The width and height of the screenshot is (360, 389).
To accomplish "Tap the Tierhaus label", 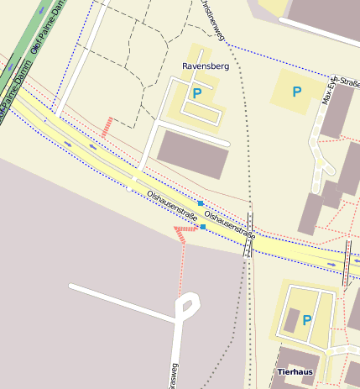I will tap(295, 371).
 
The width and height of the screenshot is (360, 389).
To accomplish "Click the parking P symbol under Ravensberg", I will tap(197, 94).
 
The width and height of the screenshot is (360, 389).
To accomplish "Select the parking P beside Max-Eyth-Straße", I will tap(295, 91).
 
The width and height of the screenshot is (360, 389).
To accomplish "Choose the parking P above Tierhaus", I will tap(306, 320).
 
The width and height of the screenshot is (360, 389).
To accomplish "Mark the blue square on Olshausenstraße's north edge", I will tap(200, 204).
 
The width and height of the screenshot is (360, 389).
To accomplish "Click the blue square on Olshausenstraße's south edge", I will tap(203, 226).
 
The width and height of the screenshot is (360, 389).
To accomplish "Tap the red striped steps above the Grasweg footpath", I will tap(180, 232).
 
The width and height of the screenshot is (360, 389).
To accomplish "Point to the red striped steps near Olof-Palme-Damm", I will tap(107, 127).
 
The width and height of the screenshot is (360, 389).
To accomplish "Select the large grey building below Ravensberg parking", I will tap(193, 153).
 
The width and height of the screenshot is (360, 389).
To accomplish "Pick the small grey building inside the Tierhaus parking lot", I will tap(291, 319).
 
